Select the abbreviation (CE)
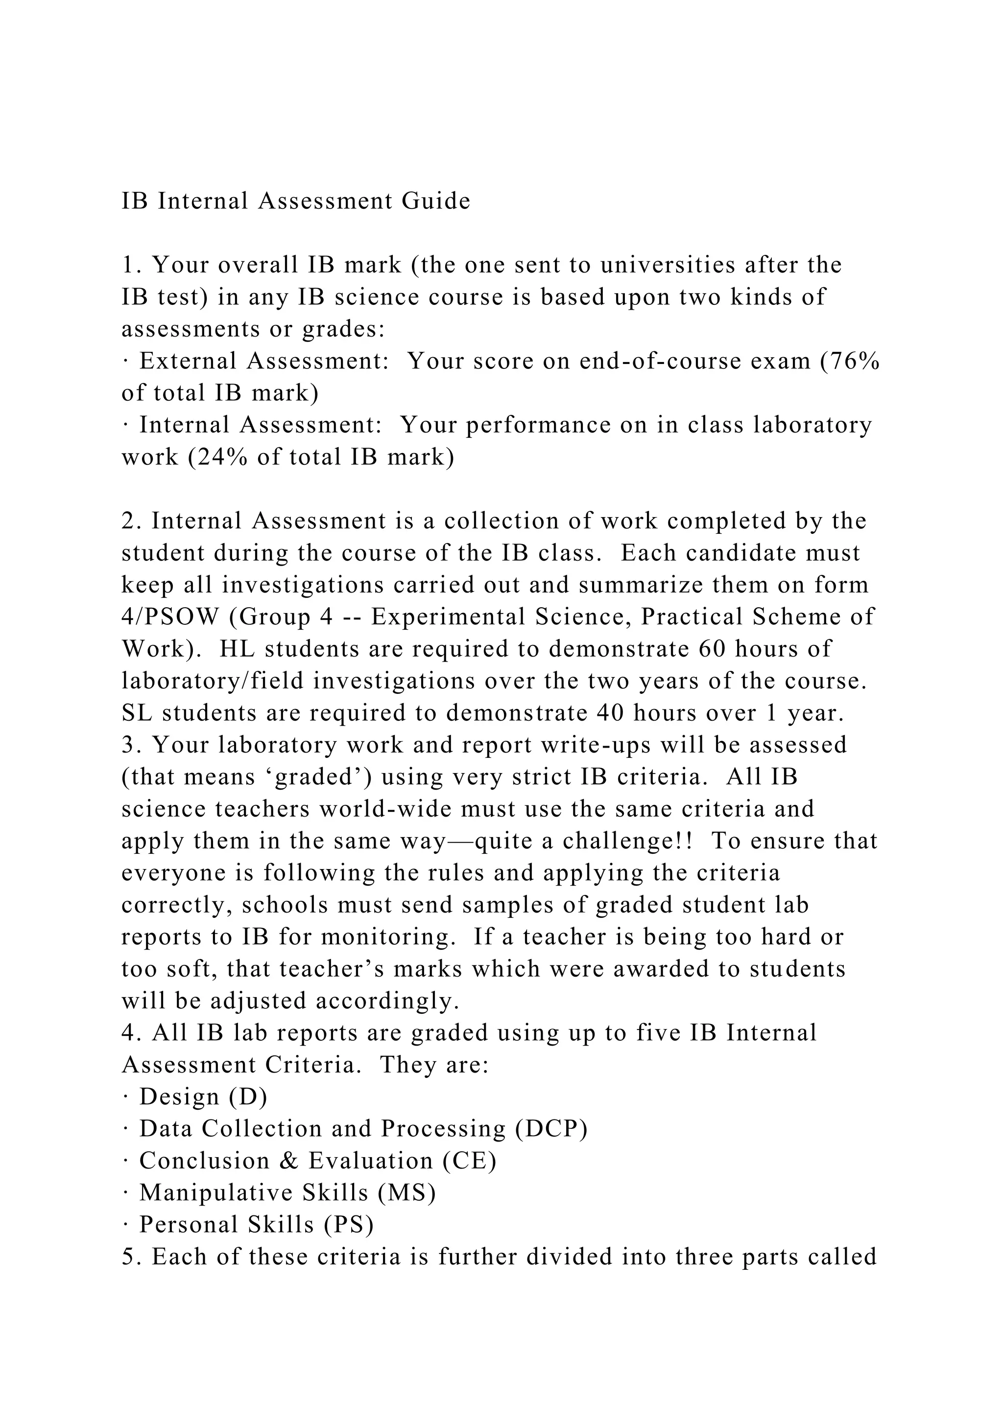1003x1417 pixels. coord(469,1162)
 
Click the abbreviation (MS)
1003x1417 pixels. coord(407,1193)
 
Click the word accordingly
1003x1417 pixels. coord(388,1002)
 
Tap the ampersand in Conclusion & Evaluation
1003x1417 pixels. coord(288,1162)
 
